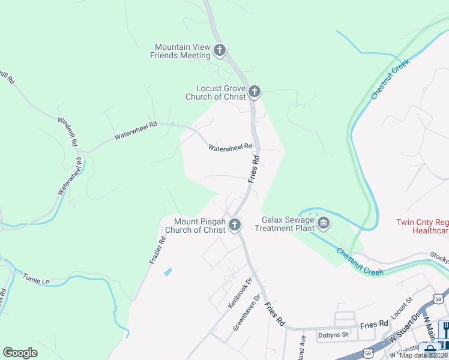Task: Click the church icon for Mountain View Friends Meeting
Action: [220, 50]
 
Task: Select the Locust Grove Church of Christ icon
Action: [255, 92]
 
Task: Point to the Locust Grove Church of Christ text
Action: [221, 92]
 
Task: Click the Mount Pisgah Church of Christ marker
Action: [235, 225]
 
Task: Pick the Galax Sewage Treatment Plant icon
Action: [324, 224]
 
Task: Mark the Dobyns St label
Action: [333, 334]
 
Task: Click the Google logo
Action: [20, 353]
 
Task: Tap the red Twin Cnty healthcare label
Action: [422, 226]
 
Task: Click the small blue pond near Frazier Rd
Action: [167, 272]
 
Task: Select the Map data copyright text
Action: [424, 355]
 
